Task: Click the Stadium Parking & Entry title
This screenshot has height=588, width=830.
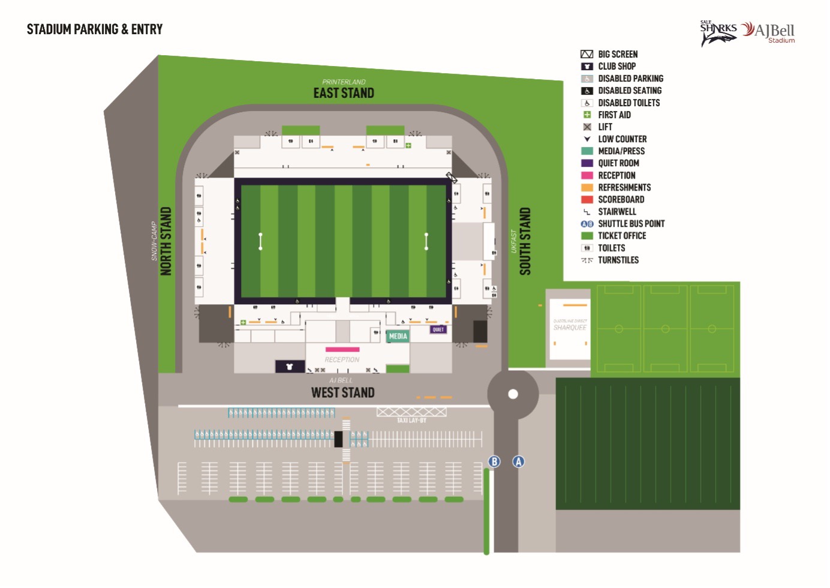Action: [x=95, y=29]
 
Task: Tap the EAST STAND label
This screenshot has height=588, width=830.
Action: [x=344, y=93]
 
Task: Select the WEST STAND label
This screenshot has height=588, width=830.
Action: [x=342, y=392]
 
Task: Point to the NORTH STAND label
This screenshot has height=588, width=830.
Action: [x=166, y=241]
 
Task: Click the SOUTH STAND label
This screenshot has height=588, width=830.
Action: [x=525, y=241]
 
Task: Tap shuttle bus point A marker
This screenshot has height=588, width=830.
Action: [x=518, y=461]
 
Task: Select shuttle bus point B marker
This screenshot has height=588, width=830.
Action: [x=494, y=461]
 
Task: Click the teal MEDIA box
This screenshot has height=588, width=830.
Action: [x=398, y=336]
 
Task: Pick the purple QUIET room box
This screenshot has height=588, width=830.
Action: [x=438, y=329]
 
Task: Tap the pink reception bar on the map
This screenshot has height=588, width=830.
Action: [x=342, y=349]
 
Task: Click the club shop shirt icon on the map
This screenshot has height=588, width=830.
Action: [x=290, y=366]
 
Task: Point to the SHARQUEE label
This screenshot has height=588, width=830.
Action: [x=570, y=328]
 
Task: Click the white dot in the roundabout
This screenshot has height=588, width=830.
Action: [x=513, y=394]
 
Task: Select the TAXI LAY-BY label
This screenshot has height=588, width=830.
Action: [x=411, y=420]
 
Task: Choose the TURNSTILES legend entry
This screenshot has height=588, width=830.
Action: [x=618, y=260]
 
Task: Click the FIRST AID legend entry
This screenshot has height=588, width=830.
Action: [x=614, y=115]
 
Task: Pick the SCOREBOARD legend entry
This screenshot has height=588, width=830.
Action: [x=621, y=199]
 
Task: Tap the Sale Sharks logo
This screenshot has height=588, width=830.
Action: [x=718, y=33]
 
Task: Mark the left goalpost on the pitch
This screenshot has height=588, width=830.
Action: [x=260, y=241]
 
